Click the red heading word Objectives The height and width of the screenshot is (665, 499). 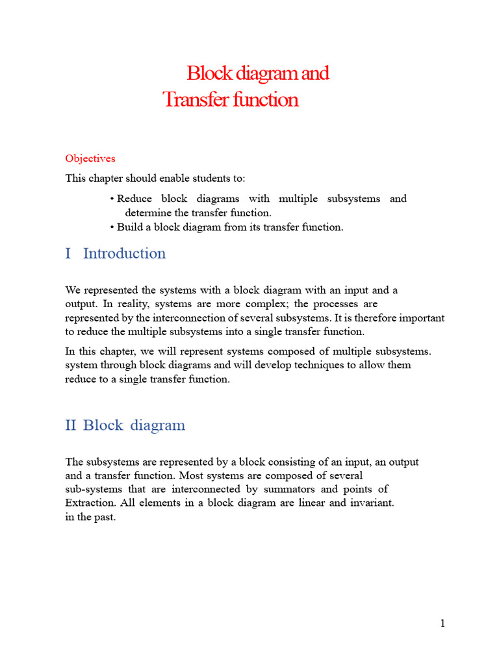[x=90, y=158]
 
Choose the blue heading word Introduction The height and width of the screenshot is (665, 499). [x=124, y=253]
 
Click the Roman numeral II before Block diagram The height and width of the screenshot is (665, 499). [x=71, y=425]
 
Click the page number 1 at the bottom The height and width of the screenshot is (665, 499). [x=442, y=624]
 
